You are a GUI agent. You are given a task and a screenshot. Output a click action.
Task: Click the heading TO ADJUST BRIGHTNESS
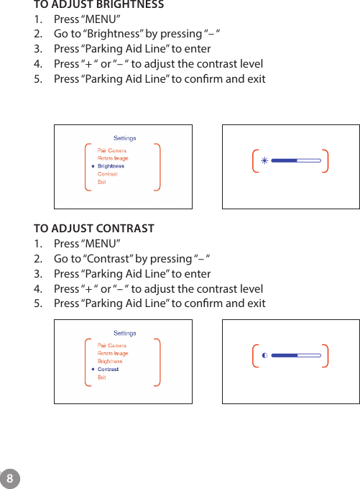click(98, 5)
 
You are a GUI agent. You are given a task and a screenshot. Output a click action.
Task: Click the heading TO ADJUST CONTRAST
click(93, 229)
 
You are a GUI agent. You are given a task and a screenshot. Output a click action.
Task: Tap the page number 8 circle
click(9, 478)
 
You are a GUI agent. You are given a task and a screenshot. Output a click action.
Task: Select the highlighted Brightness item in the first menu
click(111, 166)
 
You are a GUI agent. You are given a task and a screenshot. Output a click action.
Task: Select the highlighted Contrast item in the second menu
click(108, 369)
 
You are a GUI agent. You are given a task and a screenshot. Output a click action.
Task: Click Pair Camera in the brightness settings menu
click(111, 150)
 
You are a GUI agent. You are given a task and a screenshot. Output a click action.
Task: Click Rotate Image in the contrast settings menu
click(113, 353)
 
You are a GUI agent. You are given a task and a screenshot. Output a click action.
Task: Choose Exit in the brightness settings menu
click(101, 182)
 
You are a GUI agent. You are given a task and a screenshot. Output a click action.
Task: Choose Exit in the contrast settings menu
click(101, 377)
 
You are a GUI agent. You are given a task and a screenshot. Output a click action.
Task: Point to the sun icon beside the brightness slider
click(264, 160)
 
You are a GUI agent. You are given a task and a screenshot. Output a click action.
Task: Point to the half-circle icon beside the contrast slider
click(264, 355)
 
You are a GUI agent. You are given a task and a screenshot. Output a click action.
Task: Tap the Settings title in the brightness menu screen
click(125, 138)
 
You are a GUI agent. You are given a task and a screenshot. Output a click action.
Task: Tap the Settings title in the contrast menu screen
click(125, 334)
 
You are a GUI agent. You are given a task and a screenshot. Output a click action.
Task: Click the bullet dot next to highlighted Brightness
click(93, 166)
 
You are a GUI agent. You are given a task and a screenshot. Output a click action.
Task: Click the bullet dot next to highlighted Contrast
click(93, 369)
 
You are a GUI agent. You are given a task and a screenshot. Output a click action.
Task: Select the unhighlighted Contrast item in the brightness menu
click(108, 174)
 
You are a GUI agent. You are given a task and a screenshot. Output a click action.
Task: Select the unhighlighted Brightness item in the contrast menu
click(110, 361)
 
